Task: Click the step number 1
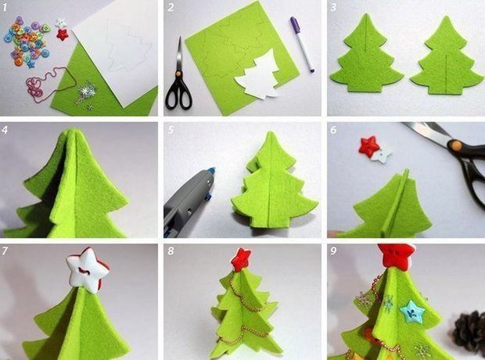click(x=4, y=7)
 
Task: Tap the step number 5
click(x=171, y=130)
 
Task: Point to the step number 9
click(x=333, y=250)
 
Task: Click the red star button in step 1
click(x=63, y=34)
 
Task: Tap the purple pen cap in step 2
click(x=294, y=23)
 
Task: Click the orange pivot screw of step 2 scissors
click(x=178, y=74)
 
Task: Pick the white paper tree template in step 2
click(x=259, y=76)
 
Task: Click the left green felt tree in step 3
click(x=367, y=56)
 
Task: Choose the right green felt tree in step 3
click(x=447, y=57)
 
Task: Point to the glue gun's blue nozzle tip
click(x=211, y=171)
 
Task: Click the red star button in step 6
click(x=368, y=146)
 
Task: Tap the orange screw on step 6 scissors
click(x=455, y=145)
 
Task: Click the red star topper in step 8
click(x=241, y=259)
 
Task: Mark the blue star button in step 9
click(x=411, y=311)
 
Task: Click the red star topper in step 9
click(x=397, y=256)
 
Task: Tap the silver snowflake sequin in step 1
click(x=85, y=91)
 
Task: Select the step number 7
click(x=5, y=250)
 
